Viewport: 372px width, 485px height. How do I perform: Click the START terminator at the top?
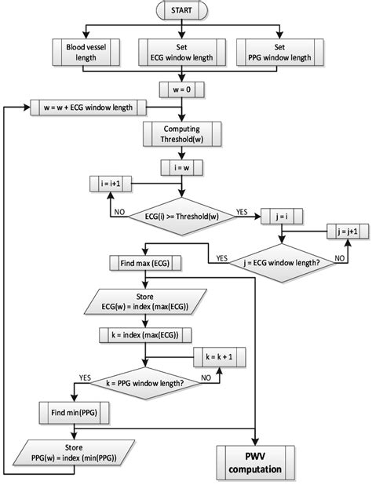[182, 13]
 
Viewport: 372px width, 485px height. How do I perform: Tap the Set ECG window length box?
[182, 53]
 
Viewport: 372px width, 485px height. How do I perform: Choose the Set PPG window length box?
[280, 53]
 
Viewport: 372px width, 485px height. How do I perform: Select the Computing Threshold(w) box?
[182, 133]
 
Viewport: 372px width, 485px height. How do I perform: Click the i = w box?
[182, 166]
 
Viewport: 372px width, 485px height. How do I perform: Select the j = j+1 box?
[345, 232]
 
